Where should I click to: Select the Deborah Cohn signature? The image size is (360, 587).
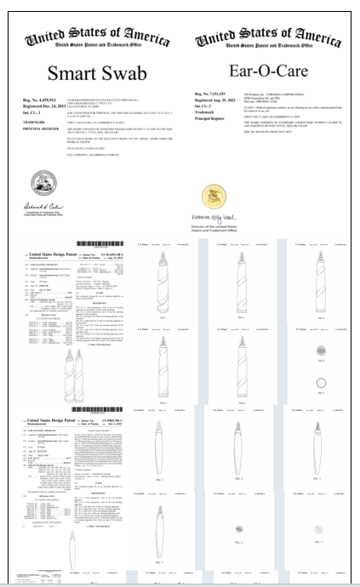pyautogui.click(x=37, y=207)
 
